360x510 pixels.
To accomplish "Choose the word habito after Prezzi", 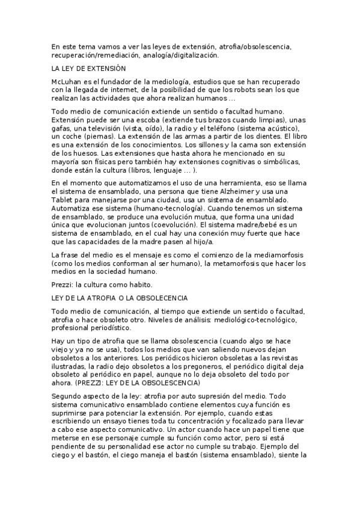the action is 141,285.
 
